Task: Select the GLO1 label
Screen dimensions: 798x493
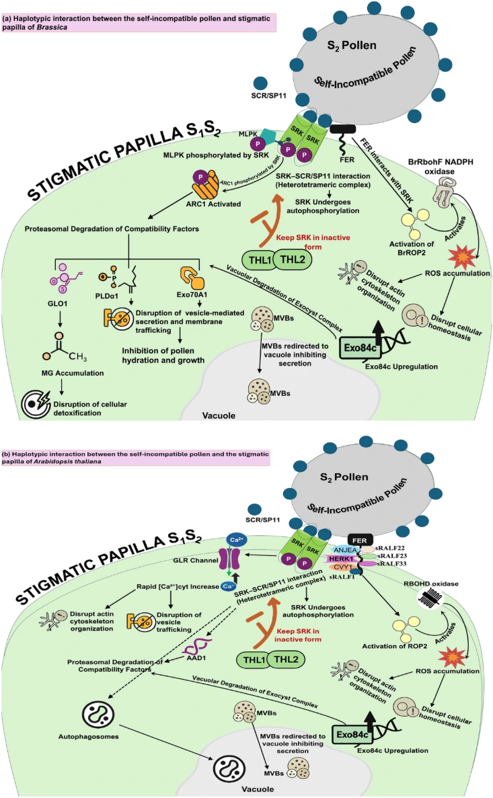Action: pos(59,301)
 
